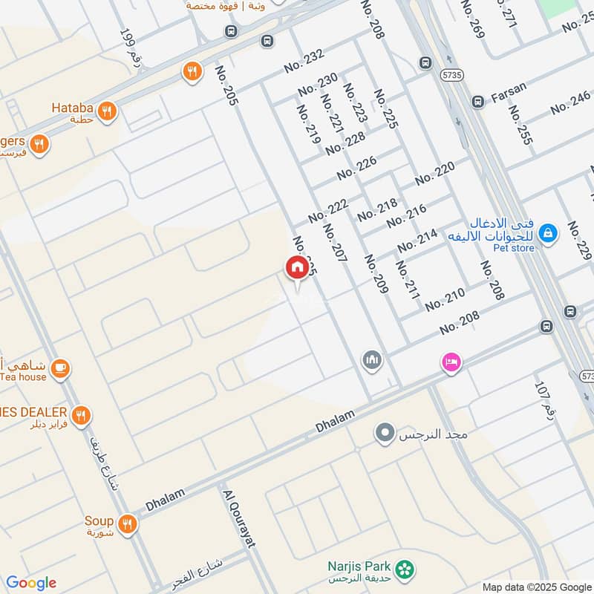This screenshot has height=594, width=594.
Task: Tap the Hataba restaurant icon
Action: (x=108, y=111)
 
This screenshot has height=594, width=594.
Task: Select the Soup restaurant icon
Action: (x=128, y=525)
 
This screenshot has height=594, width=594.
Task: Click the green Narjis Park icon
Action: (x=405, y=569)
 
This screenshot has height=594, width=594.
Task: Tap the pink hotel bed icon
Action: (x=451, y=362)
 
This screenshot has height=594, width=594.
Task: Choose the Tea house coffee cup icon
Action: (x=60, y=367)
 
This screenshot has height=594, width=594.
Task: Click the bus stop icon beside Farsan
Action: (x=478, y=100)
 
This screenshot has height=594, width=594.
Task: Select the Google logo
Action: (x=31, y=583)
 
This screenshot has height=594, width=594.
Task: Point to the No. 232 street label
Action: (x=304, y=62)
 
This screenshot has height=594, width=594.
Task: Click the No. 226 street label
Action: (x=356, y=169)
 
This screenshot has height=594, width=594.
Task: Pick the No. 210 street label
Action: (x=445, y=299)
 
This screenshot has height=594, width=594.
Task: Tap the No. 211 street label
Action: (x=408, y=280)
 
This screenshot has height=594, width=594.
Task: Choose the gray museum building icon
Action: (x=372, y=361)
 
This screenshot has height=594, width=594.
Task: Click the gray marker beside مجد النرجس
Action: (x=385, y=432)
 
